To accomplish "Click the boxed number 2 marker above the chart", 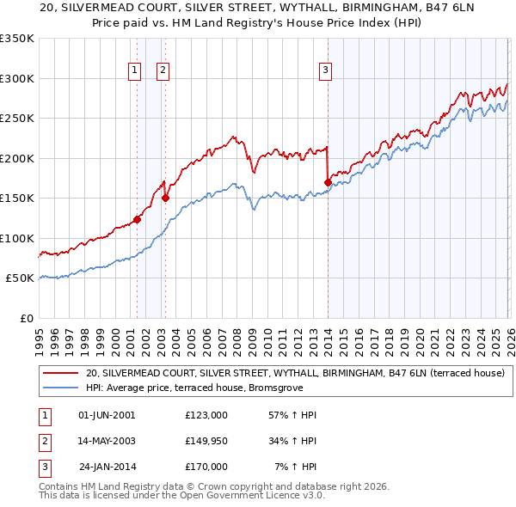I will (x=163, y=71).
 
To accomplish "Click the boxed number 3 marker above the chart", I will (x=326, y=71).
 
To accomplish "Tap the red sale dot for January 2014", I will (x=328, y=182).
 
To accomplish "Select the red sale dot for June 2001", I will (x=137, y=220).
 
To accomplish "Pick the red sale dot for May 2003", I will (x=166, y=199).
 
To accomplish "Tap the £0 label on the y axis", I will (x=26, y=318).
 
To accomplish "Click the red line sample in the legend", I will (x=59, y=373).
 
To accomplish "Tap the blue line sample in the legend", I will (x=59, y=387).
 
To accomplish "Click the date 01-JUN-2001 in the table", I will (x=107, y=415).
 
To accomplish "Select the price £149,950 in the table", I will (x=206, y=441).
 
